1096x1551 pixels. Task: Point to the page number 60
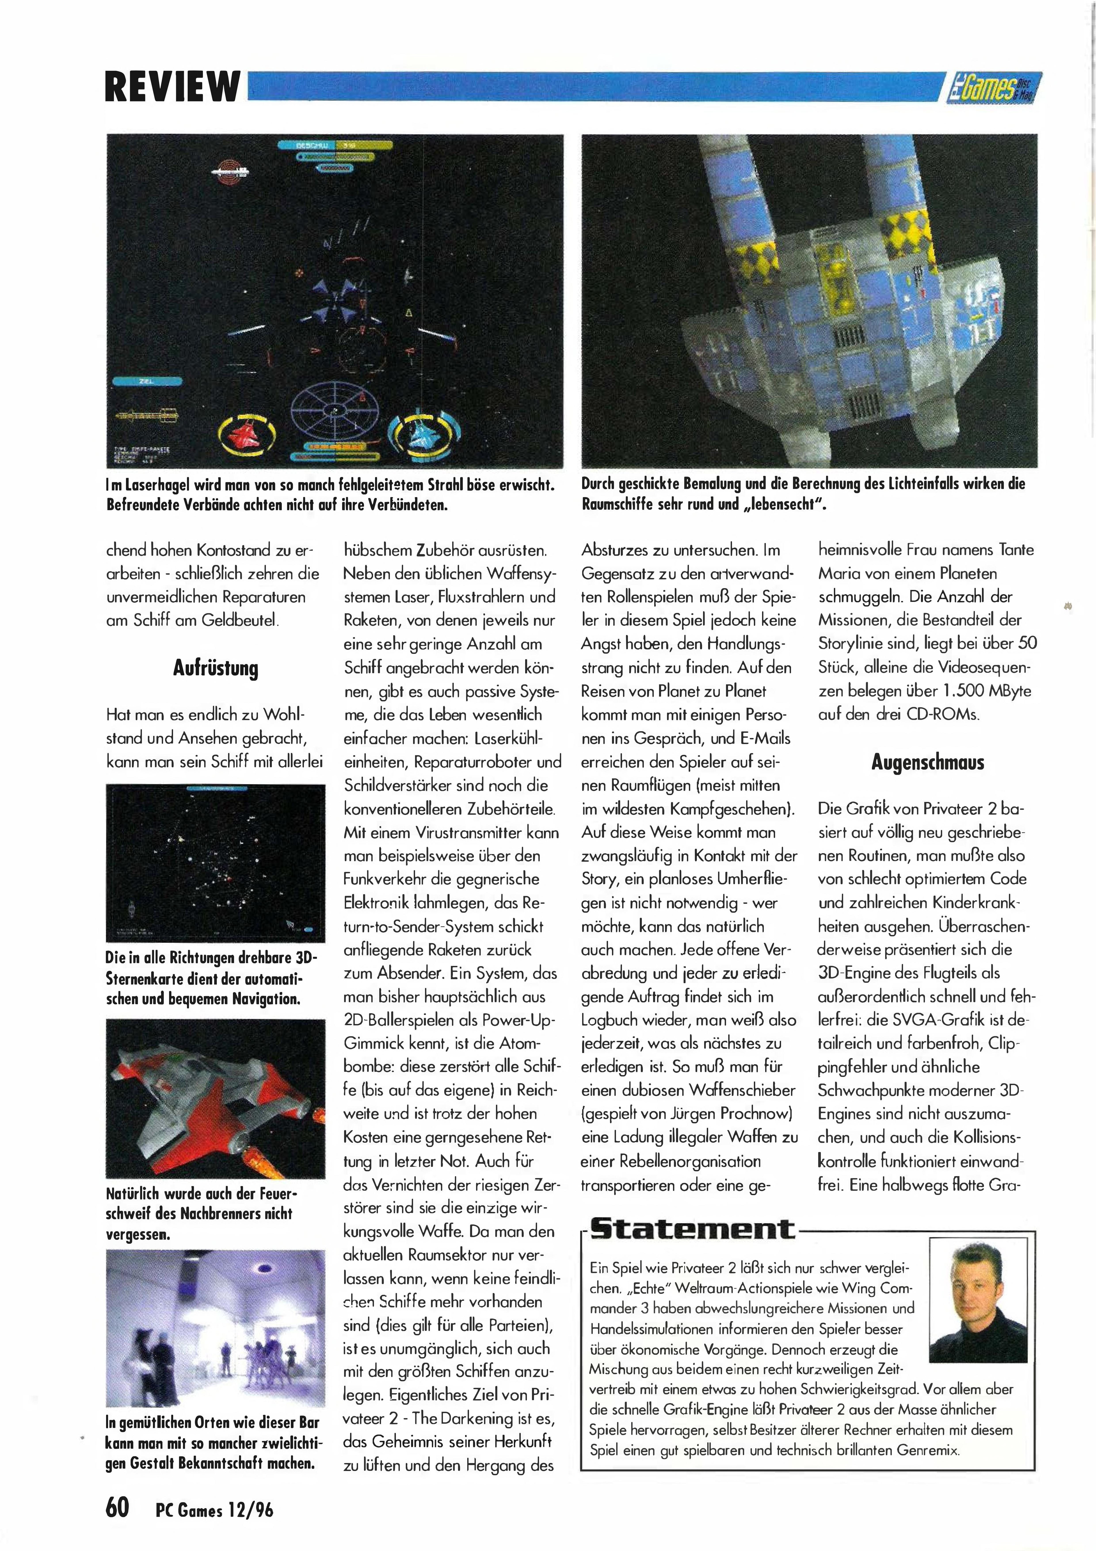[118, 1506]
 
